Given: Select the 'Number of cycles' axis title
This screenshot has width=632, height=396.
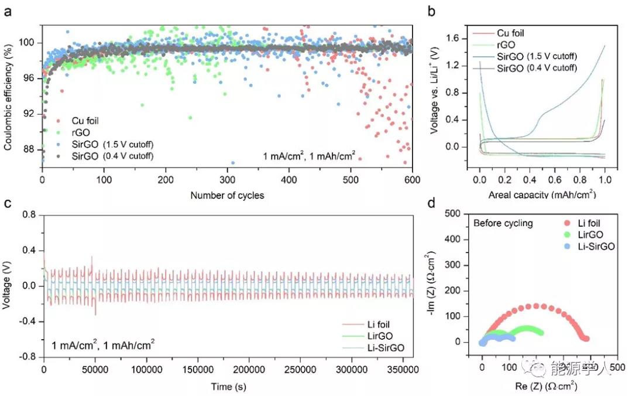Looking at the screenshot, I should point(227,195).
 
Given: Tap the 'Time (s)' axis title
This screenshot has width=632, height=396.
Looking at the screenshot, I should point(227,387).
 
